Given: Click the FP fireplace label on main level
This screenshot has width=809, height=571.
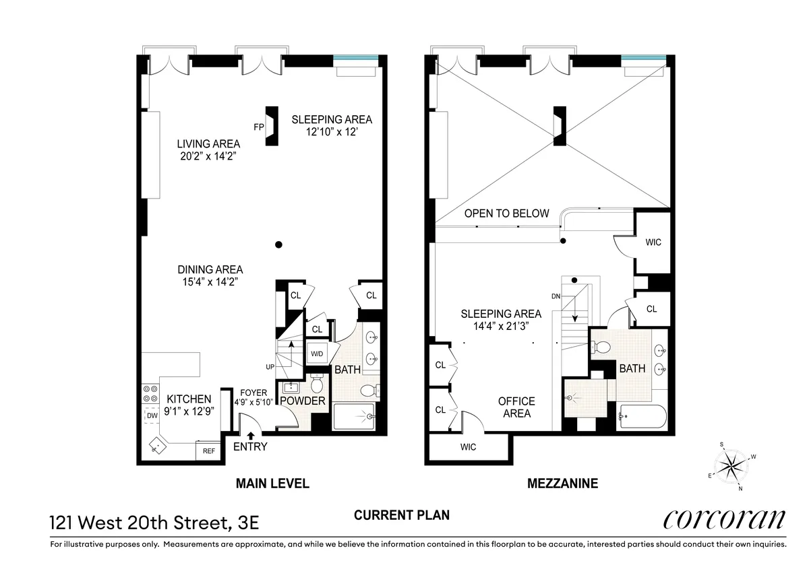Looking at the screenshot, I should click(258, 126).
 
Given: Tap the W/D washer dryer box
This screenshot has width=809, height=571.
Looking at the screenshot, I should click(317, 354).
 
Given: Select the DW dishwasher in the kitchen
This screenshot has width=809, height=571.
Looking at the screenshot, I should click(152, 417).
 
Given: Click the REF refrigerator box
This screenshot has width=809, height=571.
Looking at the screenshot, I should click(209, 451).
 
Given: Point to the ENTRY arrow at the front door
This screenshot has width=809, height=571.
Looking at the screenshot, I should click(251, 435).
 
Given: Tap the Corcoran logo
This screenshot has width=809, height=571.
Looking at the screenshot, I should click(724, 519).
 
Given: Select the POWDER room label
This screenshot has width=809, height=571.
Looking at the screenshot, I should click(303, 401).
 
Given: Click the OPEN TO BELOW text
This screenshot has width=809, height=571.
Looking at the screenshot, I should click(507, 213).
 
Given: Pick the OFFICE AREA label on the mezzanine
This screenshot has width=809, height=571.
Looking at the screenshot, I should click(516, 407).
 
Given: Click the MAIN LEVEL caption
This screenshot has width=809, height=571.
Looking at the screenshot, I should click(272, 483).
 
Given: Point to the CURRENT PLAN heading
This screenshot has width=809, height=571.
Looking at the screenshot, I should click(402, 515).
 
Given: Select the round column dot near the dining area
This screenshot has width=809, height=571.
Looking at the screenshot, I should click(278, 245).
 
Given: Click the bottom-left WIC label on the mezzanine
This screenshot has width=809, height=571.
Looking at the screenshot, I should click(467, 447).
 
